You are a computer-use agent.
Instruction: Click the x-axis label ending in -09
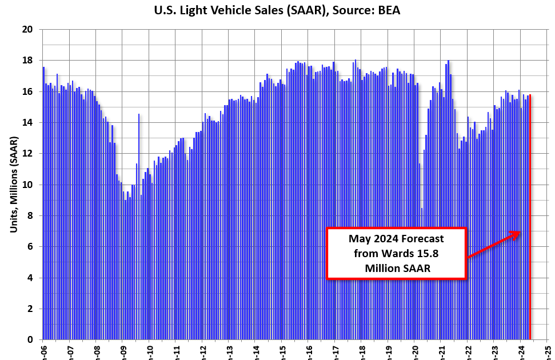(x=122, y=350)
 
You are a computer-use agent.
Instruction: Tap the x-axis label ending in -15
(x=282, y=350)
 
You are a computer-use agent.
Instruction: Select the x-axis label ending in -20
(x=415, y=350)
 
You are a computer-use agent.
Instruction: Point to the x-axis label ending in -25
(x=548, y=350)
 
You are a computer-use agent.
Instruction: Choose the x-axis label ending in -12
(x=202, y=350)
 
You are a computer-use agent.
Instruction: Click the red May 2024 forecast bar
(x=530, y=217)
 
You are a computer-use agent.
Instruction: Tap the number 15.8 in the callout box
(x=440, y=253)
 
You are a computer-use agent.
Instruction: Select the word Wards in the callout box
(x=407, y=253)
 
